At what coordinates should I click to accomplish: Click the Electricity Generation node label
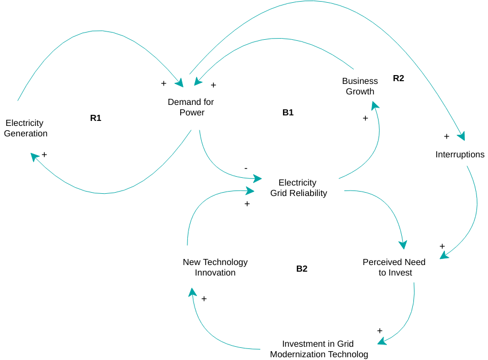(25, 128)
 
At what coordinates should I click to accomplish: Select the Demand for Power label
(191, 107)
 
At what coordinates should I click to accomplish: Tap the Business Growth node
(360, 86)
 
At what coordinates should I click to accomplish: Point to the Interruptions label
(460, 155)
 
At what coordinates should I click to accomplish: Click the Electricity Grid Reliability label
(298, 188)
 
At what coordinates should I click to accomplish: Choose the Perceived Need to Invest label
(395, 267)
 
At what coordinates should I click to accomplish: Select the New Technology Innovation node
(215, 267)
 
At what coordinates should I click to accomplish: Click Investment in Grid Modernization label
(318, 349)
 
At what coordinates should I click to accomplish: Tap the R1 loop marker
(96, 118)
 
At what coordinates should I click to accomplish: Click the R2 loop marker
(398, 78)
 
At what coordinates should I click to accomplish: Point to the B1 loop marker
(288, 113)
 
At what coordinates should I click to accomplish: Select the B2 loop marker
(302, 269)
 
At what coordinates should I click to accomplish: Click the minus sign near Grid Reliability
(246, 168)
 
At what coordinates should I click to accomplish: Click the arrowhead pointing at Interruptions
(461, 136)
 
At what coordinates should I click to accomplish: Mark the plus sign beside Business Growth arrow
(365, 118)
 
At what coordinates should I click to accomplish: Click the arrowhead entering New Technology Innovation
(191, 292)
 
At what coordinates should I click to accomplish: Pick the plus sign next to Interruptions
(447, 136)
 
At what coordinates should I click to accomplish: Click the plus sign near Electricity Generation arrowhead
(44, 155)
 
